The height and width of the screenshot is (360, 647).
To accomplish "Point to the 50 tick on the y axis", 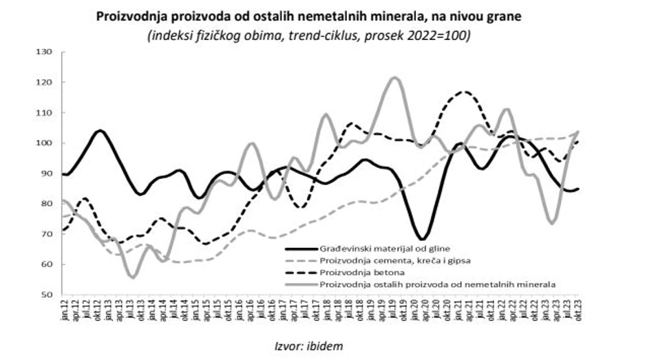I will pyautogui.click(x=47, y=295).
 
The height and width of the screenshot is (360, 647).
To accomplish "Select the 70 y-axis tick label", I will pyautogui.click(x=47, y=234).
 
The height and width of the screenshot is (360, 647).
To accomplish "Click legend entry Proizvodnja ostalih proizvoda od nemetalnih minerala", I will pyautogui.click(x=437, y=283).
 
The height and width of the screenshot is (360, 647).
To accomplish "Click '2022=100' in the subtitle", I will pyautogui.click(x=443, y=35).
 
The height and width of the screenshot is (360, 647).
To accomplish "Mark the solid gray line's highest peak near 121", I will pyautogui.click(x=394, y=78).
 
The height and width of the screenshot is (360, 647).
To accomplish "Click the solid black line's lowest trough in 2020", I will pyautogui.click(x=423, y=239).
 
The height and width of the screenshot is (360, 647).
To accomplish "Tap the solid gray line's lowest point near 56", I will pyautogui.click(x=133, y=277).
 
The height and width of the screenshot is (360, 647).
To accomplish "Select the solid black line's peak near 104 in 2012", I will pyautogui.click(x=100, y=130).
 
